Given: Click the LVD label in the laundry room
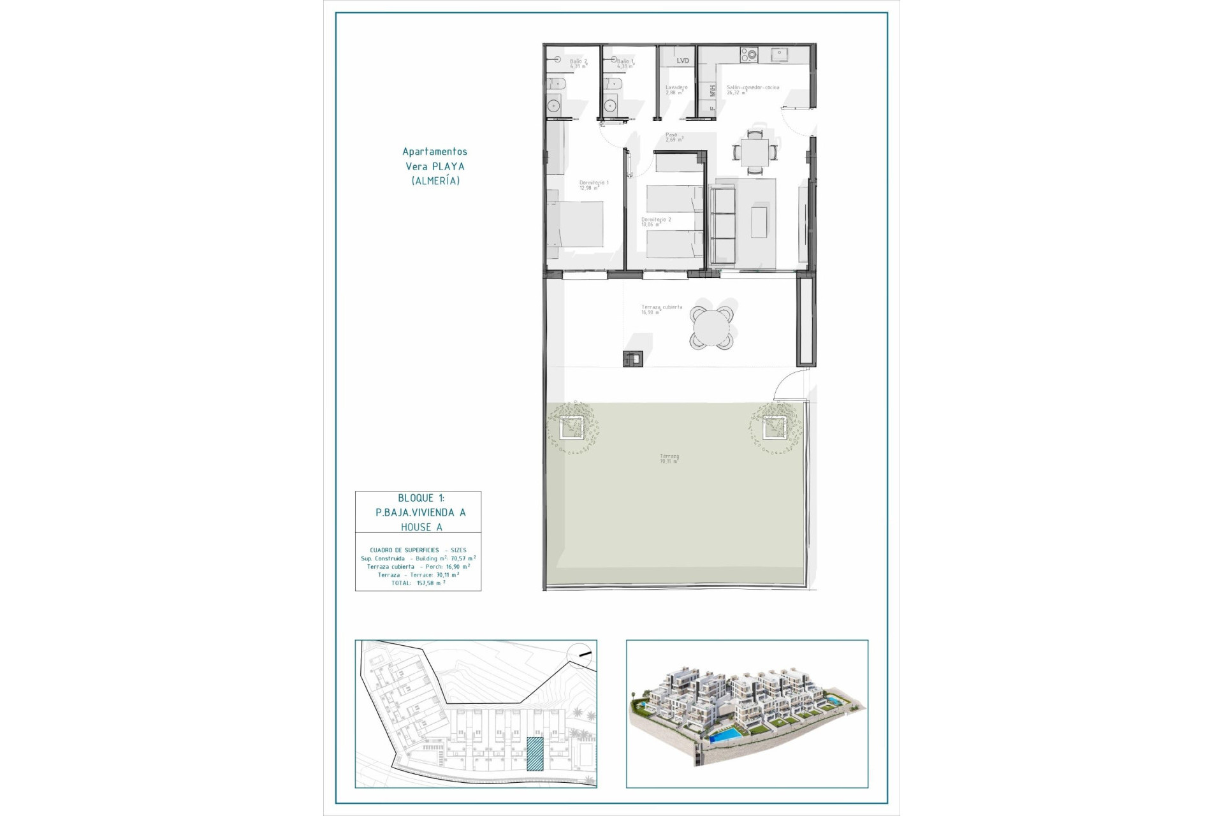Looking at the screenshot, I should pos(683,61).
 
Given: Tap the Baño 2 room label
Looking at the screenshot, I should pos(578,63).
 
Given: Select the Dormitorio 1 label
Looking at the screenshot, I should pos(594,185).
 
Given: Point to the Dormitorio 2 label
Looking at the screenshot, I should pos(655,221).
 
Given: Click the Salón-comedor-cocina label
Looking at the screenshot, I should pos(752,89).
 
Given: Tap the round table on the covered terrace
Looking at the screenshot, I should pos(711,328).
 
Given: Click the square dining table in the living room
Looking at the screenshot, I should pos(755,152).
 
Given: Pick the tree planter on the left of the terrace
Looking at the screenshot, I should pos(571,427).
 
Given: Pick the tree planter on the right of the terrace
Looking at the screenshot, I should pos(775,427).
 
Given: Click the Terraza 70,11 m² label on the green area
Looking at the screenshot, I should pos(669,458).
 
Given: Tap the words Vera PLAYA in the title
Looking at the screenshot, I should pos(435,166).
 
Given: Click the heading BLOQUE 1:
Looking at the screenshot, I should pos(421,498).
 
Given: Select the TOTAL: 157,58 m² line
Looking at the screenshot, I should pos(418,583).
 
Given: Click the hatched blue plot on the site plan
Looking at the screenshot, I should pos(535,754).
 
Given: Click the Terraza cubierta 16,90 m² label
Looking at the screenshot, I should pos(661,309).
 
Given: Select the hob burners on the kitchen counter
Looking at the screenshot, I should pos(748,55).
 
